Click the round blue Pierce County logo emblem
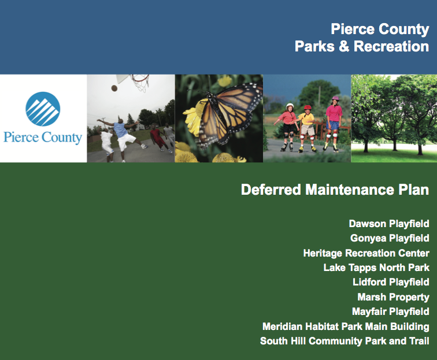pyautogui.click(x=43, y=109)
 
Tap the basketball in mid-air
pyautogui.click(x=114, y=88)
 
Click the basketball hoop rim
pyautogui.click(x=140, y=79)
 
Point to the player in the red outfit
pyautogui.click(x=157, y=138)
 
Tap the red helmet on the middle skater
pyautogui.click(x=308, y=107)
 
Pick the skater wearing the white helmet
pyautogui.click(x=288, y=127)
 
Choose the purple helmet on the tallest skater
pyautogui.click(x=335, y=99)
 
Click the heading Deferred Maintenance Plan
pyautogui.click(x=335, y=190)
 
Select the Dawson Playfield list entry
pyautogui.click(x=389, y=224)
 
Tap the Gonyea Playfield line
pyautogui.click(x=390, y=239)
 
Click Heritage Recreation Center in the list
pyautogui.click(x=366, y=253)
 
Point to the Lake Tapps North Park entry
pyautogui.click(x=376, y=268)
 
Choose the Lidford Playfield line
pyautogui.click(x=391, y=282)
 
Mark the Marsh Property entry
pyautogui.click(x=393, y=297)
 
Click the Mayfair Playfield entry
pyautogui.click(x=390, y=311)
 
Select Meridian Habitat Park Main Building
pyautogui.click(x=346, y=326)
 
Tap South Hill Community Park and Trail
pyautogui.click(x=345, y=341)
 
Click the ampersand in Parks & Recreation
pyautogui.click(x=344, y=46)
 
